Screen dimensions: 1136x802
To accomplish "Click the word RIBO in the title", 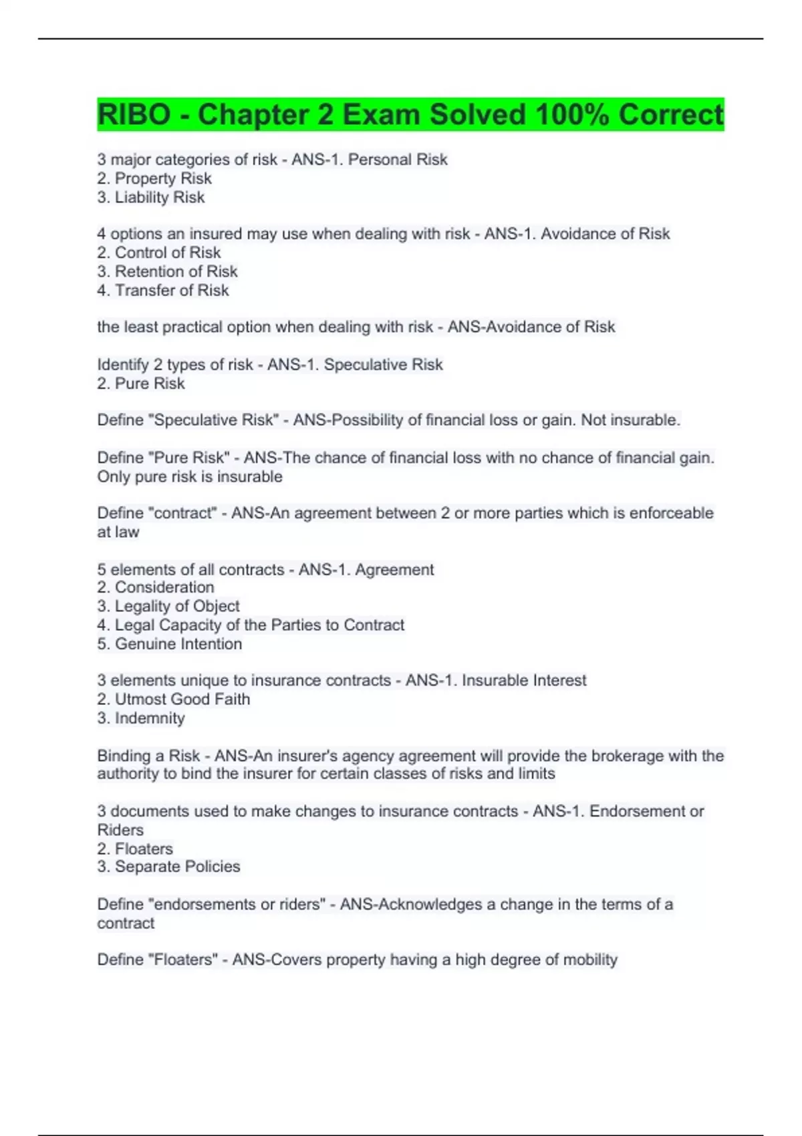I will pos(134,115).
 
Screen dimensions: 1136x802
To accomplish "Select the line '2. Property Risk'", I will pos(154,178).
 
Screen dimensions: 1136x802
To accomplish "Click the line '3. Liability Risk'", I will pos(151,197).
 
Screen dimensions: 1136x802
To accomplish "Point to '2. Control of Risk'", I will pos(159,253).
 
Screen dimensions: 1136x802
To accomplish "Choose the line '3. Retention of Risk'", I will pos(167,271).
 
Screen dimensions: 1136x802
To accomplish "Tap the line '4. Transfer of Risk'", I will pos(163,290).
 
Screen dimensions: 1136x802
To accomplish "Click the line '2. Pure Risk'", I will pos(141,384).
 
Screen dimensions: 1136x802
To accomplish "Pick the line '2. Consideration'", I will pos(156,587).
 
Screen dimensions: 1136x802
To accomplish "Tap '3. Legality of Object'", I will pos(168,606).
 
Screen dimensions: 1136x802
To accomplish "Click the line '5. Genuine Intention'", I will pos(170,644).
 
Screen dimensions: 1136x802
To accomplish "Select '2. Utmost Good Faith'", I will pos(174,699).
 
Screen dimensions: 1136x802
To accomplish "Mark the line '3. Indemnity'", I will pos(141,718).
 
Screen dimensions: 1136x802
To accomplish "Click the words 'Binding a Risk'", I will pos(148,756).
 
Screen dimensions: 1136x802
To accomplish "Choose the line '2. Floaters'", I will pos(135,849).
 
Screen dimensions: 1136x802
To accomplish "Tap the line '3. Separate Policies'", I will pos(168,867).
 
